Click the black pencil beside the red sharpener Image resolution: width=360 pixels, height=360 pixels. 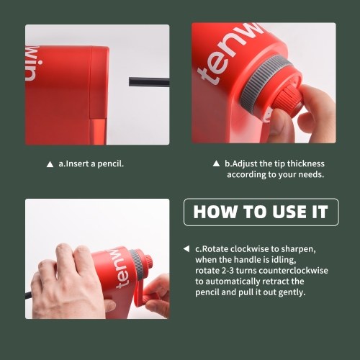149,82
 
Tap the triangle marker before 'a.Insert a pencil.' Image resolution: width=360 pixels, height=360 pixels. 50,164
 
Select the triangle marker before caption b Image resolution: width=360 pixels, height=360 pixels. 216,163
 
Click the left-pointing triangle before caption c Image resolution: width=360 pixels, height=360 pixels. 186,249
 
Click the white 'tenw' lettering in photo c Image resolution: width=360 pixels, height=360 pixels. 122,269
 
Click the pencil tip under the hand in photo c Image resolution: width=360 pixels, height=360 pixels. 28,294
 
